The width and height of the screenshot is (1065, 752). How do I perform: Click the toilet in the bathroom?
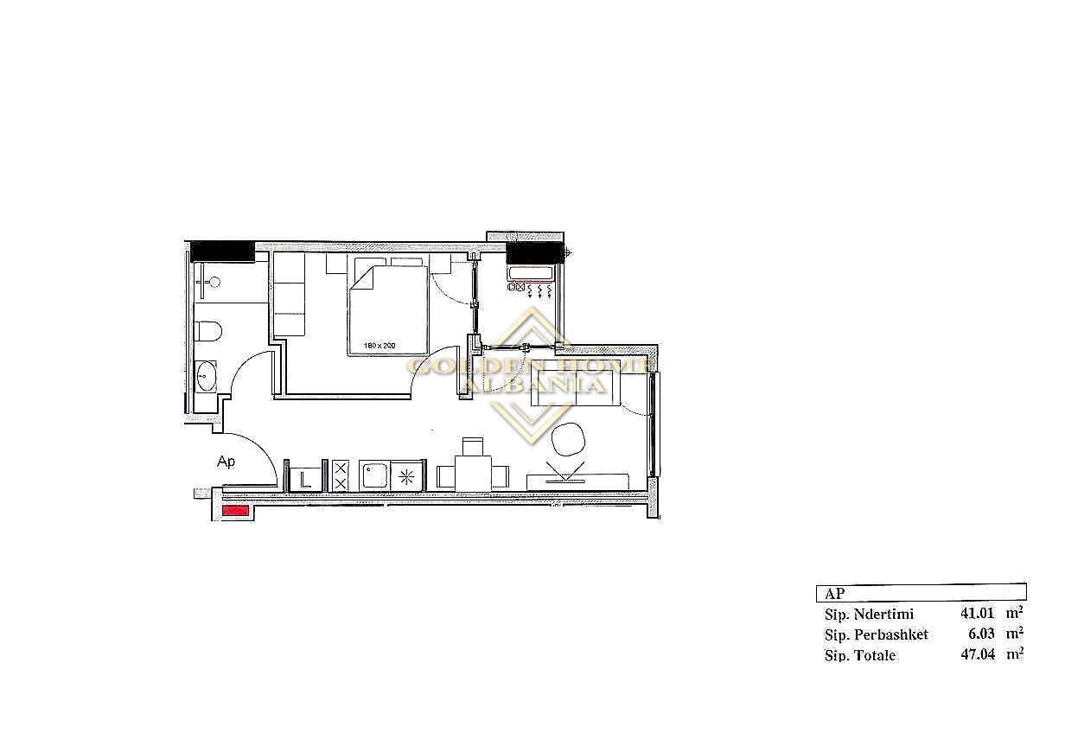208,331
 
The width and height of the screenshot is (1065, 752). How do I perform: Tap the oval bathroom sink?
206,376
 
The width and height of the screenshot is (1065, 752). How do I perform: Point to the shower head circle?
215,283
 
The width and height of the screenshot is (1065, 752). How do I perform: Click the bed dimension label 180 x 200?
379,346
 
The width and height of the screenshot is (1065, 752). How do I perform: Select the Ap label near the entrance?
226,462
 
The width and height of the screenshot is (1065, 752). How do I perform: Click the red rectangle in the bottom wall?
236,511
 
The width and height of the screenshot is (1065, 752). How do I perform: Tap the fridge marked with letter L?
306,478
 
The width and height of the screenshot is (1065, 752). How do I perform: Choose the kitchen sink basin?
374,476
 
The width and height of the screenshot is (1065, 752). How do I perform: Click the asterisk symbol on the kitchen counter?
406,477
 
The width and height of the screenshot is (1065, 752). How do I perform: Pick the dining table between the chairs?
473,474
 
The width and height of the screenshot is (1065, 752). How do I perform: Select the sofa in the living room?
576,389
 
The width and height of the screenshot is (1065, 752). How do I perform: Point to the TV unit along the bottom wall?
577,481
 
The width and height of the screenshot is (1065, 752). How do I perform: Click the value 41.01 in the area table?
977,613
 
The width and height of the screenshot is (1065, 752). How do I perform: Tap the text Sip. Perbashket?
877,634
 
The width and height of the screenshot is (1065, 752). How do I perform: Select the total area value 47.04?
978,654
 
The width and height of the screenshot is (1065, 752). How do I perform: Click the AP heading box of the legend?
921,593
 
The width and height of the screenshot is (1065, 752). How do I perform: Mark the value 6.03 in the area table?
981,634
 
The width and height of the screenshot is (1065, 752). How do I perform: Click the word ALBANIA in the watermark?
533,385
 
